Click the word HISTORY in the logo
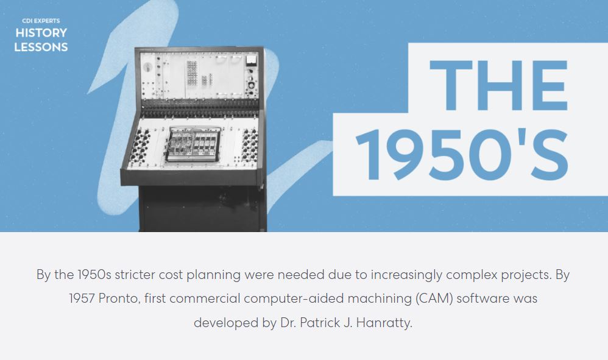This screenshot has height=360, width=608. [41, 32]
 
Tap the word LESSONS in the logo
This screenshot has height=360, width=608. [41, 48]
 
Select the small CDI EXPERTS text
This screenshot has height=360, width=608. [41, 21]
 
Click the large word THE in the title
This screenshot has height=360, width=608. [499, 85]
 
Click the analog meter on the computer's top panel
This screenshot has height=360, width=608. [251, 60]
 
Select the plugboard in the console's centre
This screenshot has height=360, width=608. [194, 144]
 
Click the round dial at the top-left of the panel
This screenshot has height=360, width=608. [147, 67]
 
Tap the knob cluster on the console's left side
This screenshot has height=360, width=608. [140, 146]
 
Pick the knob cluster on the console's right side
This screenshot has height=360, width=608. [249, 146]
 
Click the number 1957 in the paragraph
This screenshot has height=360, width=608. [82, 298]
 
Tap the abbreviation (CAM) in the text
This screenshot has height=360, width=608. [434, 298]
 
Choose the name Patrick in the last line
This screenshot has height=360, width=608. [320, 322]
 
